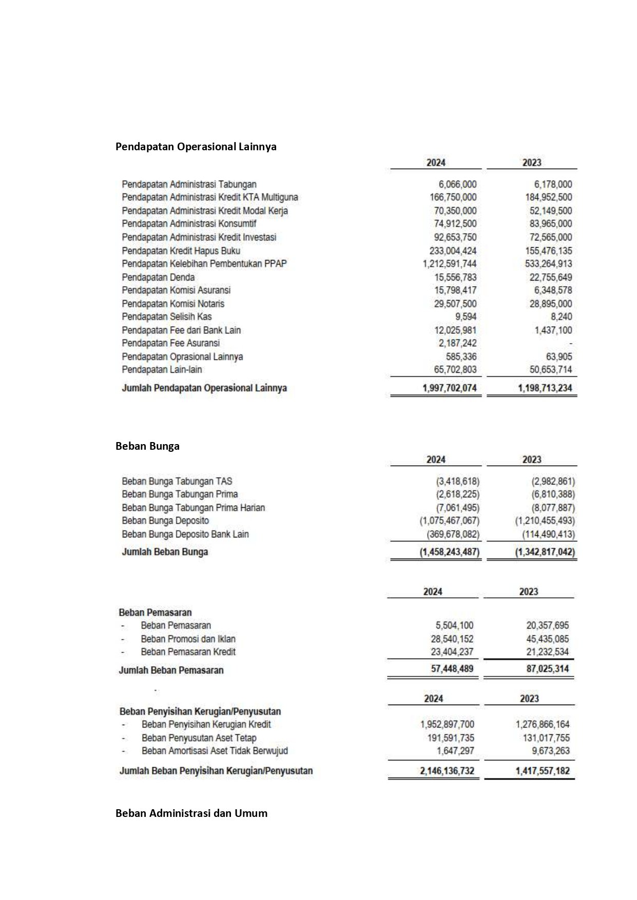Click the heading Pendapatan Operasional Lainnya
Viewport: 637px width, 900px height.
(x=196, y=147)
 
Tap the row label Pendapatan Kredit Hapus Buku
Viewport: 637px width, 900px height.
(x=181, y=251)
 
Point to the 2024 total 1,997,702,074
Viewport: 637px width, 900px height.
(x=449, y=388)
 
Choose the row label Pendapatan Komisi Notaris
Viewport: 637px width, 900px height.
(x=173, y=304)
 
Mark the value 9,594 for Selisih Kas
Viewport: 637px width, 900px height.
(x=466, y=316)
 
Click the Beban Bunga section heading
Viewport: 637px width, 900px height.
(x=147, y=446)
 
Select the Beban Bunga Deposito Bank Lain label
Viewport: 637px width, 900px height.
(x=185, y=534)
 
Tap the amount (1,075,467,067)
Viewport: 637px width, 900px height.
(x=449, y=521)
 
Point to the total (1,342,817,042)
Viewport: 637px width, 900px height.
(x=545, y=552)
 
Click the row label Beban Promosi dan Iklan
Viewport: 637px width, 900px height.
(x=188, y=639)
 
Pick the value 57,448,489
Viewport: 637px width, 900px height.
(x=452, y=669)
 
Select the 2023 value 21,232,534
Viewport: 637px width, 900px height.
(x=547, y=652)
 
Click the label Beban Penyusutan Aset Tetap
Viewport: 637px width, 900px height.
(x=199, y=738)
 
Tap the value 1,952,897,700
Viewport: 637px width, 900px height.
(x=447, y=725)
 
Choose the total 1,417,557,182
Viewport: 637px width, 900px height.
(x=543, y=771)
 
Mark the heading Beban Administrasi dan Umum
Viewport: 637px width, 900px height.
(x=191, y=813)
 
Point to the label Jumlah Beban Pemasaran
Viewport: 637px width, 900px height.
(x=171, y=670)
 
